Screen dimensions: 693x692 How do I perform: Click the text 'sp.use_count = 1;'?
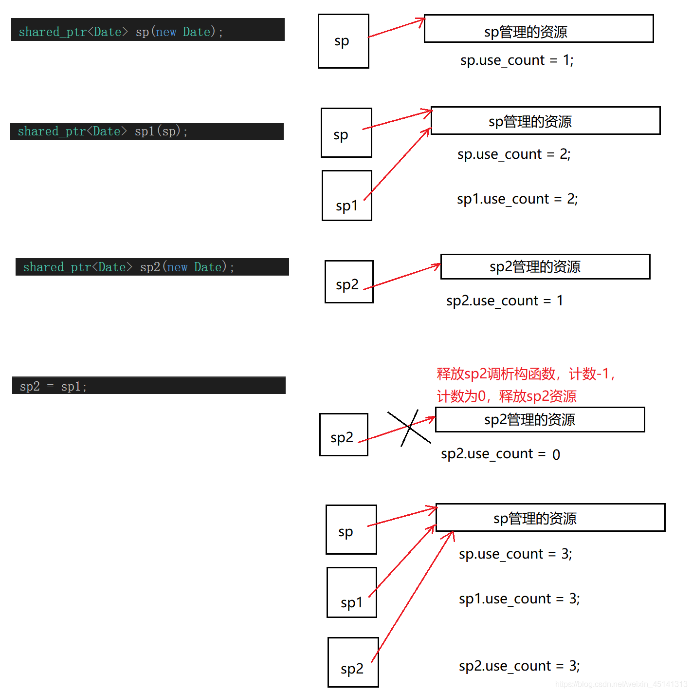[x=517, y=60]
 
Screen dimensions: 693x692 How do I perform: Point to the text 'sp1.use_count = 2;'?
[x=517, y=199]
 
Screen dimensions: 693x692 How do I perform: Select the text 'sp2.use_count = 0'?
[x=500, y=454]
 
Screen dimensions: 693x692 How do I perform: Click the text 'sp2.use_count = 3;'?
[x=519, y=666]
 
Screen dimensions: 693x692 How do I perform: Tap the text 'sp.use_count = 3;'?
[x=515, y=554]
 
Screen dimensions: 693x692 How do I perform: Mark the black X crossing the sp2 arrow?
[x=409, y=428]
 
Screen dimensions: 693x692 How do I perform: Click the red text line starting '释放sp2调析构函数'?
[x=526, y=374]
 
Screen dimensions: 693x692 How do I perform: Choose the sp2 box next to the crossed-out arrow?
[x=344, y=434]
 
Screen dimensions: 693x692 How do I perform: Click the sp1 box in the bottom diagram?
[x=351, y=592]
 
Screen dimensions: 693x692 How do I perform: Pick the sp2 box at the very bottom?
[x=353, y=662]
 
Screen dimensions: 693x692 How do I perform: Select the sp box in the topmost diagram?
[x=343, y=41]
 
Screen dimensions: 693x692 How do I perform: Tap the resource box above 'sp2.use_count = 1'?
[x=545, y=266]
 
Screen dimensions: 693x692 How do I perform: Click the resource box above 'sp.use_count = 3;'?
[x=550, y=517]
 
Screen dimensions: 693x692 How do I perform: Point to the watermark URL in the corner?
[x=621, y=684]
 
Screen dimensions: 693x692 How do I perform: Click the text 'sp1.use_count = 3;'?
[x=519, y=599]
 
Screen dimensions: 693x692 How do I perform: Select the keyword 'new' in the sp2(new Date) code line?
[x=177, y=267]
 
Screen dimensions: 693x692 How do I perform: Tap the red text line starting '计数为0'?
[x=506, y=396]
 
